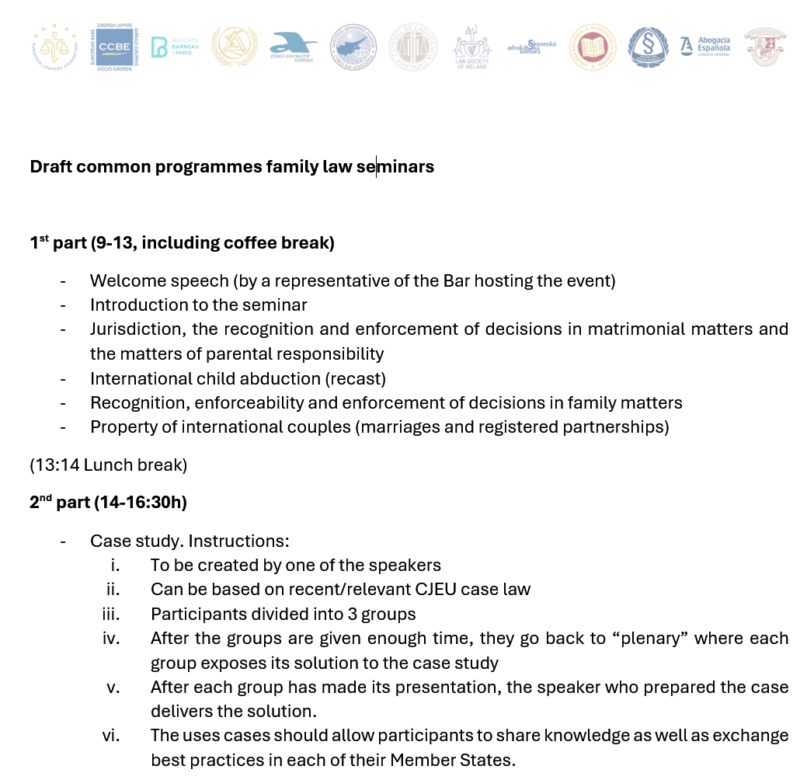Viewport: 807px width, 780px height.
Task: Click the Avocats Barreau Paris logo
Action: [x=170, y=47]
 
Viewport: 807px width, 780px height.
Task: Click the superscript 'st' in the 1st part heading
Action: [x=43, y=239]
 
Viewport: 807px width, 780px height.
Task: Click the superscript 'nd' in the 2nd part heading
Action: [x=46, y=498]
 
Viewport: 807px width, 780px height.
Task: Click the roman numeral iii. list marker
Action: [x=110, y=614]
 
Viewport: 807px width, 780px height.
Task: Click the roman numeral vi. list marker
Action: [x=110, y=735]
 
